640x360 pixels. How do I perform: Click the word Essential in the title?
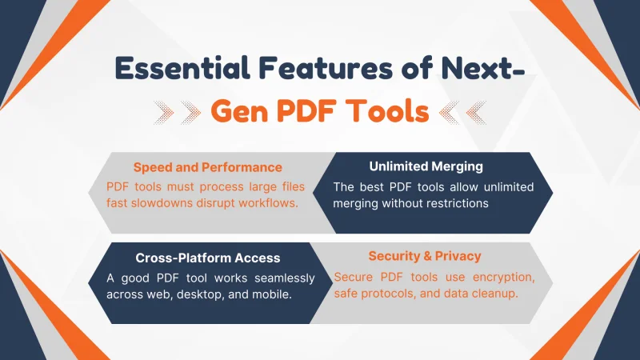(182, 67)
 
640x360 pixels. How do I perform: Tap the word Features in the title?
(326, 67)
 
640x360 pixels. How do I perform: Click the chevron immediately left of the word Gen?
(190, 112)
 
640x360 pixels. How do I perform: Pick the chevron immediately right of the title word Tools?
(449, 112)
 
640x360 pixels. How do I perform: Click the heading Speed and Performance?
(208, 167)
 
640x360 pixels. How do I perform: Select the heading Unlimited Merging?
(426, 166)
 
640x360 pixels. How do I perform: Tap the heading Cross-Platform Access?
(208, 258)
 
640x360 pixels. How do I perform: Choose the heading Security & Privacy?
(425, 256)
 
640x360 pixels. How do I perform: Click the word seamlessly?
(285, 278)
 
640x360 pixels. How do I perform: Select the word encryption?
(504, 277)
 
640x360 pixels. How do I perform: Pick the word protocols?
(388, 294)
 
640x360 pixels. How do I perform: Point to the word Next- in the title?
(483, 67)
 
